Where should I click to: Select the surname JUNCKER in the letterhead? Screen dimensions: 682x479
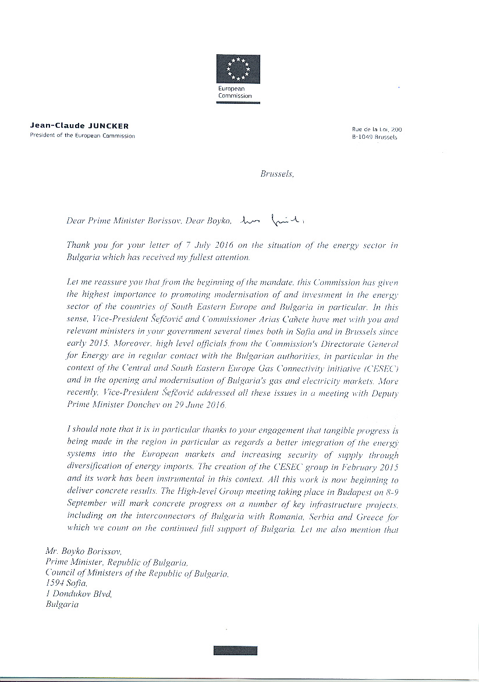pyautogui.click(x=110, y=126)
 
